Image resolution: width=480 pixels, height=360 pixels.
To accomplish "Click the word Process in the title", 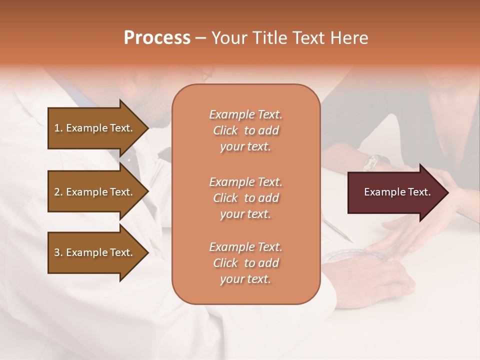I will pyautogui.click(x=157, y=38).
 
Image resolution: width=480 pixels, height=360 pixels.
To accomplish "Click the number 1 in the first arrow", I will pyautogui.click(x=56, y=128).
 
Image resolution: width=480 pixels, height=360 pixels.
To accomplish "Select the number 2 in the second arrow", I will pyautogui.click(x=56, y=192).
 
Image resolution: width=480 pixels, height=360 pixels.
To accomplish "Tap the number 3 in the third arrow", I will pyautogui.click(x=56, y=252).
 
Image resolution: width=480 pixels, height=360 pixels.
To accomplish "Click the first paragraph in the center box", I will pyautogui.click(x=245, y=130).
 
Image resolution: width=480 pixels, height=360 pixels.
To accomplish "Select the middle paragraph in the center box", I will pyautogui.click(x=245, y=198).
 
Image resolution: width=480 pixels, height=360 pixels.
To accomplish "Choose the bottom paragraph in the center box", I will pyautogui.click(x=245, y=263).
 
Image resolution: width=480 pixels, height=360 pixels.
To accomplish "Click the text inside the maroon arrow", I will pyautogui.click(x=397, y=192).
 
